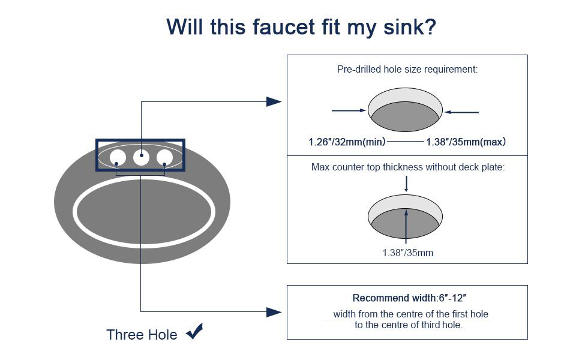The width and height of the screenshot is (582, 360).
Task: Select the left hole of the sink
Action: (118, 158)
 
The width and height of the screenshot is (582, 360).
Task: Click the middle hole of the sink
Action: (141, 157)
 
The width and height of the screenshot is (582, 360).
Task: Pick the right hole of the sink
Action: (164, 158)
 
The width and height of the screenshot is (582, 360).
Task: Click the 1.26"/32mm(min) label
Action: (347, 142)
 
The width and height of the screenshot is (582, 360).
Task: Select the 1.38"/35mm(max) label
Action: (466, 142)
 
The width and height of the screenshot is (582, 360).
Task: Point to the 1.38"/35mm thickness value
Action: (407, 253)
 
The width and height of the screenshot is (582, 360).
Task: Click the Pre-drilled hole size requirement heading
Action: (407, 70)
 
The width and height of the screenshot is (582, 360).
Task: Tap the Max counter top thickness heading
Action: (407, 167)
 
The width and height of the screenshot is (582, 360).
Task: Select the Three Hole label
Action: (142, 334)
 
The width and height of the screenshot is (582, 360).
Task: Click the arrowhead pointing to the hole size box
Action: (274, 101)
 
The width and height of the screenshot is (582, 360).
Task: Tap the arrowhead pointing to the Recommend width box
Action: (274, 312)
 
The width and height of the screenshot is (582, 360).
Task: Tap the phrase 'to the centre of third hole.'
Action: (408, 325)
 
